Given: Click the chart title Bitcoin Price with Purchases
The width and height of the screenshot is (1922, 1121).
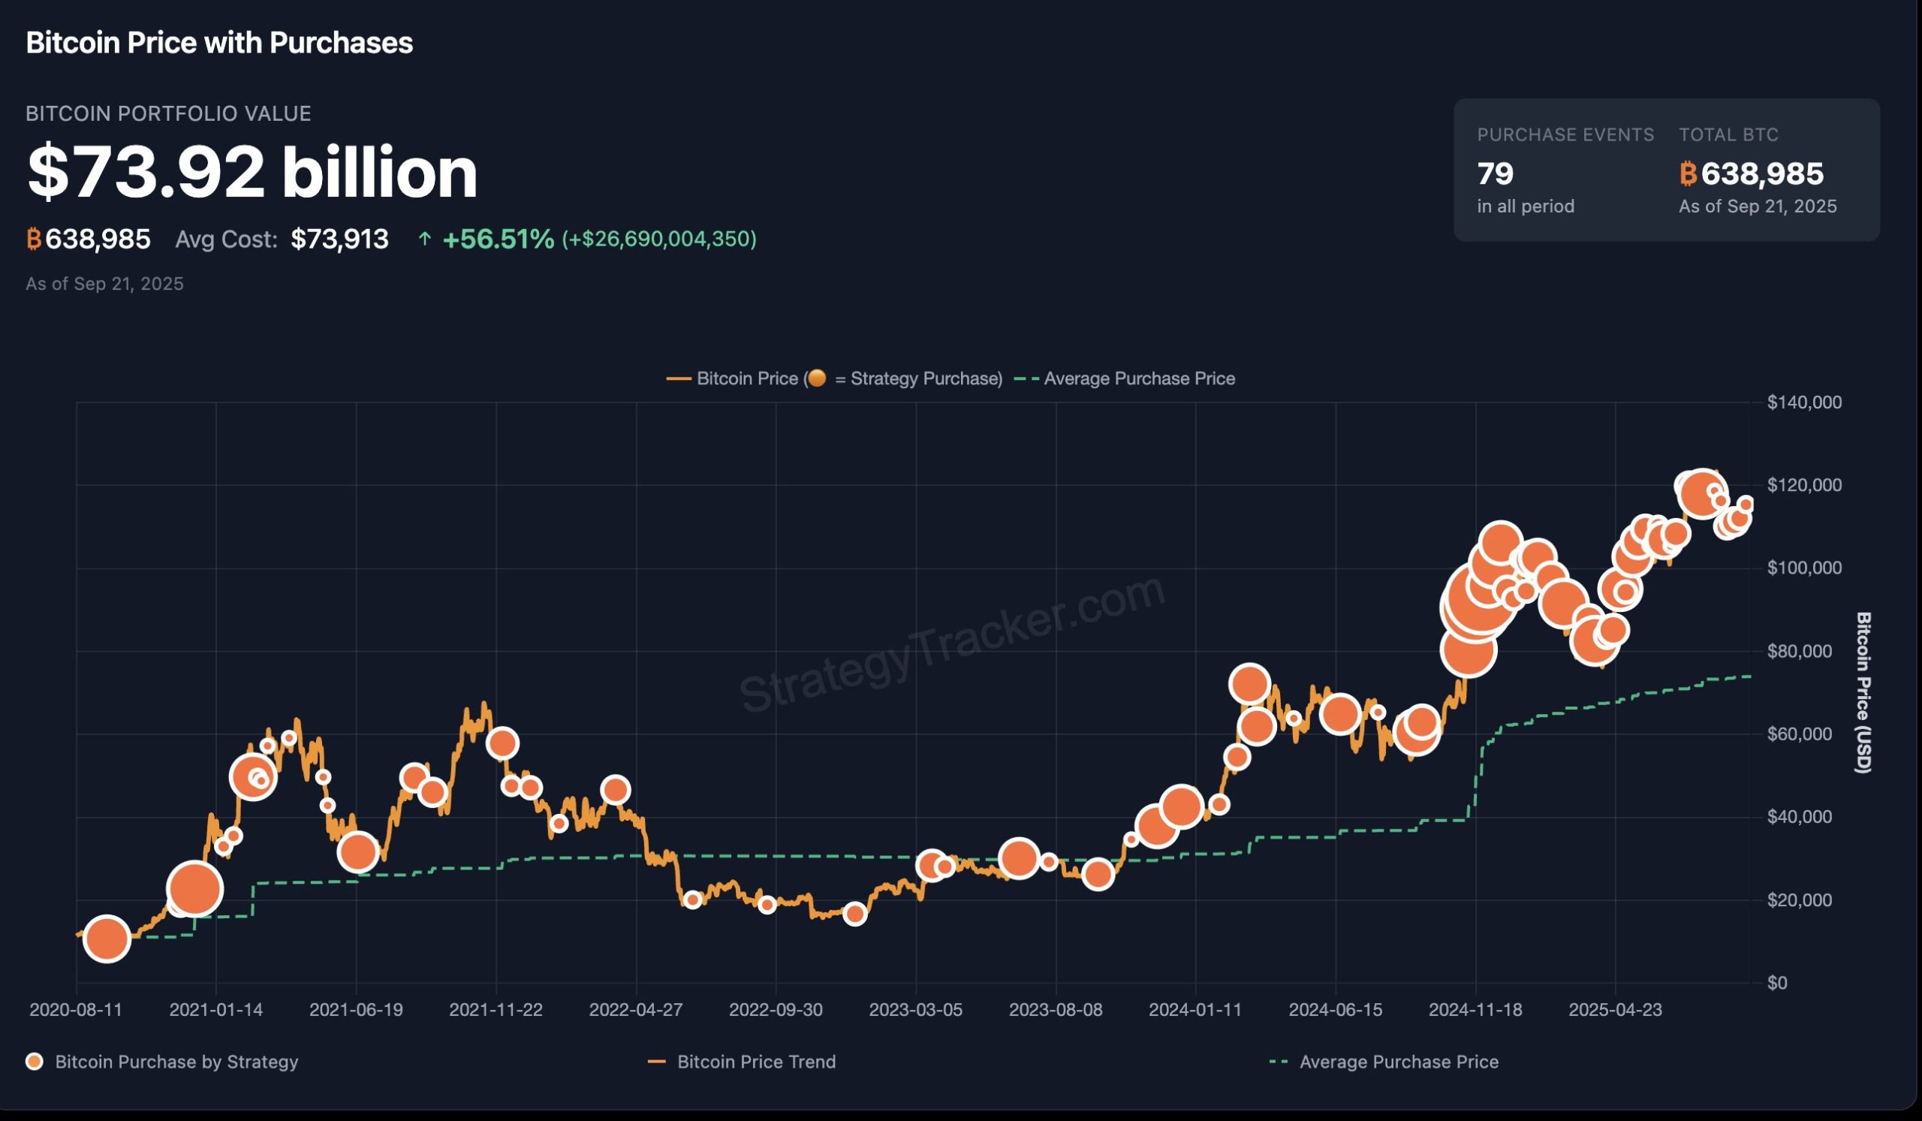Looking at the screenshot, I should pyautogui.click(x=219, y=44).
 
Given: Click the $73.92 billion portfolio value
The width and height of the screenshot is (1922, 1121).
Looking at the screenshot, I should pyautogui.click(x=252, y=173).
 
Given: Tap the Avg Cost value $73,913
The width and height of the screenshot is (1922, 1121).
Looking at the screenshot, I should pyautogui.click(x=339, y=240).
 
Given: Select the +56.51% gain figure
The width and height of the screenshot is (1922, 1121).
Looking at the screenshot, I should pyautogui.click(x=498, y=240).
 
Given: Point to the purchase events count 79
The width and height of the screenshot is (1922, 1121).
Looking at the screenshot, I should pyautogui.click(x=1495, y=174).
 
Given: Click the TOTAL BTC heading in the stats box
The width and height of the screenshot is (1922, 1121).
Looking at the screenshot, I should pyautogui.click(x=1728, y=135).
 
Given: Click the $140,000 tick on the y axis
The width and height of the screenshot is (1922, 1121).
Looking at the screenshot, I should pyautogui.click(x=1804, y=402).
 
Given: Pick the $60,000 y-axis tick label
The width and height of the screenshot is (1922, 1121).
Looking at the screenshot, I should pyautogui.click(x=1799, y=734).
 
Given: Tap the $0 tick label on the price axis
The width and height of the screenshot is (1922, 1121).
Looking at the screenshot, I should pyautogui.click(x=1777, y=983).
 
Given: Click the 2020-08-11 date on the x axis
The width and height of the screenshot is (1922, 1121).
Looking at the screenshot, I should pyautogui.click(x=76, y=1010).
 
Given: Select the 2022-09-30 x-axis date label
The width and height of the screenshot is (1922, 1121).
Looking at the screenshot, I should pyautogui.click(x=776, y=1010).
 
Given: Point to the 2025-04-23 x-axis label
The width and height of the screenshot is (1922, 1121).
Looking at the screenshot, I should pyautogui.click(x=1615, y=1010).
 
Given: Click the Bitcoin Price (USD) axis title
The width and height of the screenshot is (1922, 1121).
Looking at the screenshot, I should pyautogui.click(x=1863, y=692).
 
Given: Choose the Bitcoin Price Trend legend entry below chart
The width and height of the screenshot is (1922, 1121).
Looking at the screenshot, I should pyautogui.click(x=756, y=1062).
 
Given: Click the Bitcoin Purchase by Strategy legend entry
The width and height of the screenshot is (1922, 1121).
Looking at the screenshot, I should pyautogui.click(x=176, y=1062).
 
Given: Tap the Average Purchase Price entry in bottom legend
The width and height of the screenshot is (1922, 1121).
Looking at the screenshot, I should pyautogui.click(x=1399, y=1062).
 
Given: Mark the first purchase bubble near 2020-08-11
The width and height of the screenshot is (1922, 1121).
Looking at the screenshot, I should pyautogui.click(x=107, y=939).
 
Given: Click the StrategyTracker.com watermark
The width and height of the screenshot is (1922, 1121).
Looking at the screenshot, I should pyautogui.click(x=952, y=644).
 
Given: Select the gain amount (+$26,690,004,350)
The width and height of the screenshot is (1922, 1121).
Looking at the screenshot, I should pyautogui.click(x=659, y=240).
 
